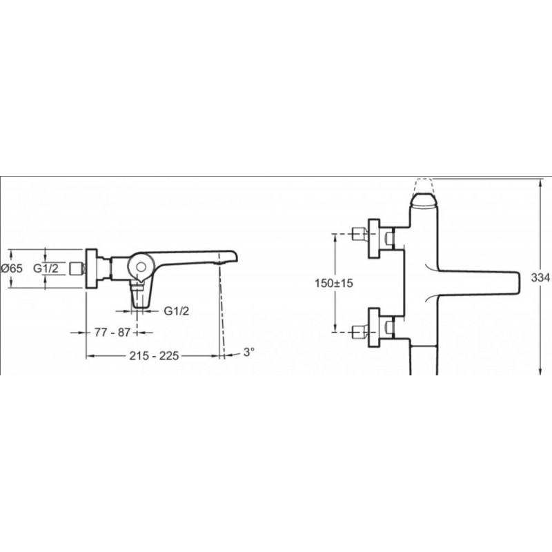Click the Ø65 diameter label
12,268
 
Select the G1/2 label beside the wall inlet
46,268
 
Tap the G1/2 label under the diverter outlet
177,310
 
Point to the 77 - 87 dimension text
112,332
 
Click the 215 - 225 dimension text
154,355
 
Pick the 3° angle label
248,352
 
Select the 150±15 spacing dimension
334,283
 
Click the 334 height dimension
540,277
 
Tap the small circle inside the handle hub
141,266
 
